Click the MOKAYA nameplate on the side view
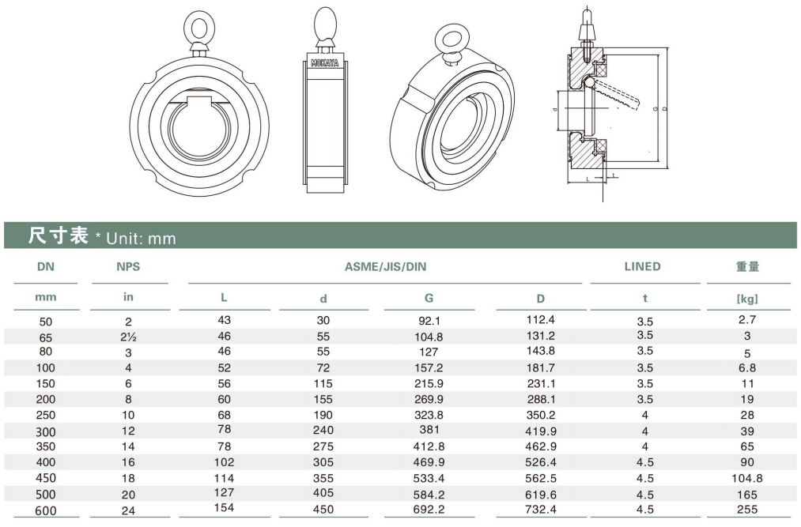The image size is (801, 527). click(x=325, y=62)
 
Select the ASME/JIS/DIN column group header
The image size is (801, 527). click(x=385, y=266)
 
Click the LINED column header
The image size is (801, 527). click(x=642, y=266)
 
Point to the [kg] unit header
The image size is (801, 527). click(x=747, y=299)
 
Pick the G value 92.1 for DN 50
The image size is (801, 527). click(x=429, y=322)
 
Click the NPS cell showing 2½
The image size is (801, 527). click(x=128, y=337)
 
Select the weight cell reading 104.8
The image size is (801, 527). click(x=747, y=478)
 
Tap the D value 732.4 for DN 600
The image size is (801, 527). click(x=541, y=509)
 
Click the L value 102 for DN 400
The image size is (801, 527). click(x=224, y=462)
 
